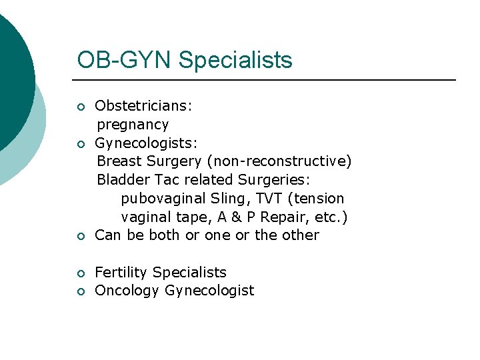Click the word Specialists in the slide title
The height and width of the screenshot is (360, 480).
[235, 61]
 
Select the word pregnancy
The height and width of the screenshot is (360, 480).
[133, 125]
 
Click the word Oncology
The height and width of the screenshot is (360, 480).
[127, 291]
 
